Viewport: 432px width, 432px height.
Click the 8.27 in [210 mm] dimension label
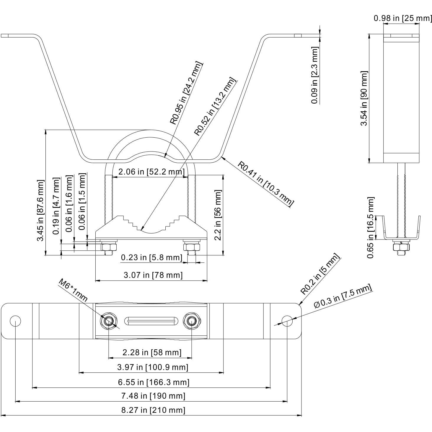(153, 410)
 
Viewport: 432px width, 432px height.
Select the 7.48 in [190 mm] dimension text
(153, 396)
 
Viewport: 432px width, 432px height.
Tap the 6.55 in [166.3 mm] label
(154, 382)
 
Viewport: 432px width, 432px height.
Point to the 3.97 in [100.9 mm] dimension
(153, 367)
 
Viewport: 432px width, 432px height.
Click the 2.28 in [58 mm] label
(152, 352)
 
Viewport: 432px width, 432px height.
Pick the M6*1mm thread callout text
(73, 290)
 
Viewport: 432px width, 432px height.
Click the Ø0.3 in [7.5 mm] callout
(343, 296)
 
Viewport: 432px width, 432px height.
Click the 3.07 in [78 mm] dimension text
(153, 275)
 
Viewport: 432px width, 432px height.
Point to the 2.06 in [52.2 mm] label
(151, 172)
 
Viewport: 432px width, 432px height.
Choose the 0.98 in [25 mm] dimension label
(403, 18)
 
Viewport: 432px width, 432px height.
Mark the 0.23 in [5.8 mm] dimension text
(151, 257)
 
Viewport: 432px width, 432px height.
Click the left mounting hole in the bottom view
(15, 321)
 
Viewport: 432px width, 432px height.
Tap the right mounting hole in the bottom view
(287, 321)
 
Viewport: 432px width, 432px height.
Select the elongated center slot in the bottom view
(151, 321)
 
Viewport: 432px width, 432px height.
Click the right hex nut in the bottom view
(191, 321)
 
